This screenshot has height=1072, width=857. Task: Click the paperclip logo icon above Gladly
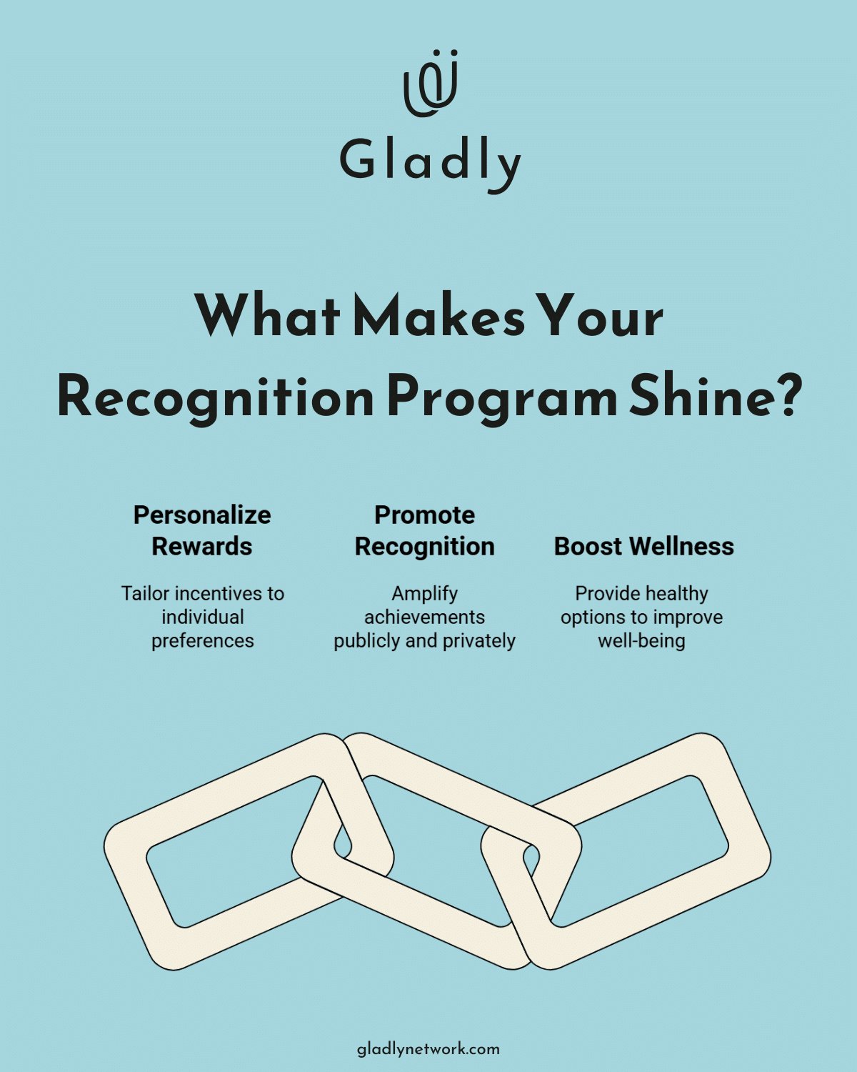click(430, 84)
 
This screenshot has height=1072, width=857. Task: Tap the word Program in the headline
click(501, 399)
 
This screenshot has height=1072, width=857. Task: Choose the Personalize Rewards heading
click(202, 530)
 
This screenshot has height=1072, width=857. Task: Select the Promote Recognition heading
click(425, 530)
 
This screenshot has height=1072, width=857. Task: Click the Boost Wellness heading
click(643, 547)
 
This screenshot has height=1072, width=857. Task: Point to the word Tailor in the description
click(145, 594)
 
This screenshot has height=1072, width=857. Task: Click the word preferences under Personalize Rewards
click(203, 641)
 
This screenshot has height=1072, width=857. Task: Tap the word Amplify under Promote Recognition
click(425, 594)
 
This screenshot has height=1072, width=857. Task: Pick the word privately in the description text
click(479, 641)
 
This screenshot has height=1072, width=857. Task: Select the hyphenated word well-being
click(641, 641)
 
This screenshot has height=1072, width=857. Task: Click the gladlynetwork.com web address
click(428, 1049)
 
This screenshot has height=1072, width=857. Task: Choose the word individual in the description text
click(203, 617)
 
